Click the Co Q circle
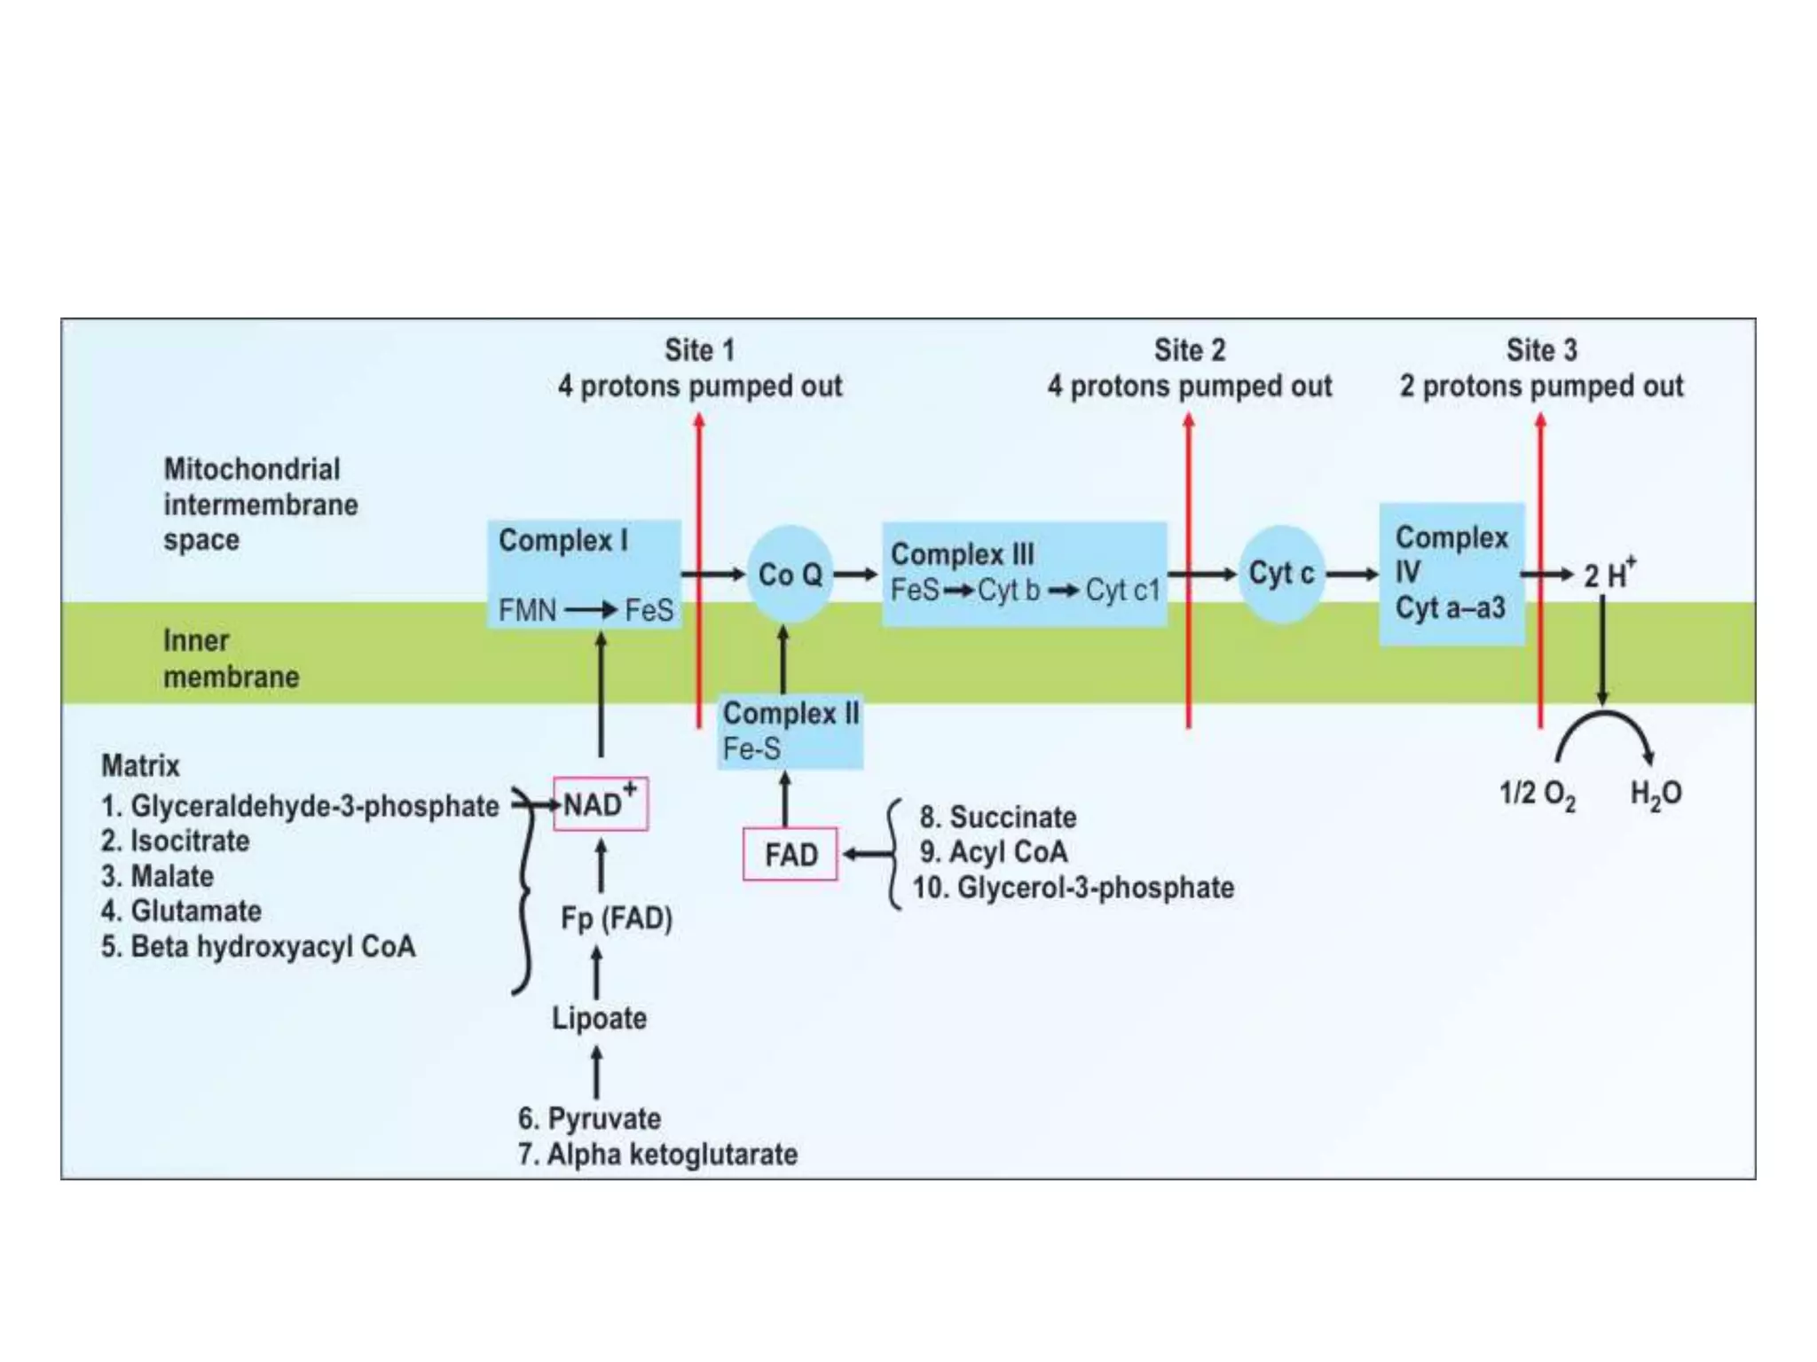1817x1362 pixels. (790, 575)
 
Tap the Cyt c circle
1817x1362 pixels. (1280, 574)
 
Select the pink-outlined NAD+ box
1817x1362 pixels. (600, 804)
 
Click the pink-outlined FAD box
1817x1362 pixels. (790, 855)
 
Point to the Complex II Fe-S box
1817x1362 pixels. (790, 732)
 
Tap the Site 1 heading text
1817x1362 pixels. (699, 350)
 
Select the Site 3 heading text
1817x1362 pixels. (1541, 350)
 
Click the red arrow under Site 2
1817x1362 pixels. (1189, 567)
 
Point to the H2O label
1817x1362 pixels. (1656, 794)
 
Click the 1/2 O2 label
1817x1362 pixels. (1537, 794)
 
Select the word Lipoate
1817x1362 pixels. (599, 1018)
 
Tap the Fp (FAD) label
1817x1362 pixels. (617, 919)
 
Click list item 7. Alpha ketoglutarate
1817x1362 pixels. (657, 1155)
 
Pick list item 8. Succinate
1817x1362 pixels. (997, 817)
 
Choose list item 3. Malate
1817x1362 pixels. (157, 876)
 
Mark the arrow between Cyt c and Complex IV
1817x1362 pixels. (1352, 575)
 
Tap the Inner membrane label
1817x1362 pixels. (231, 658)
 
